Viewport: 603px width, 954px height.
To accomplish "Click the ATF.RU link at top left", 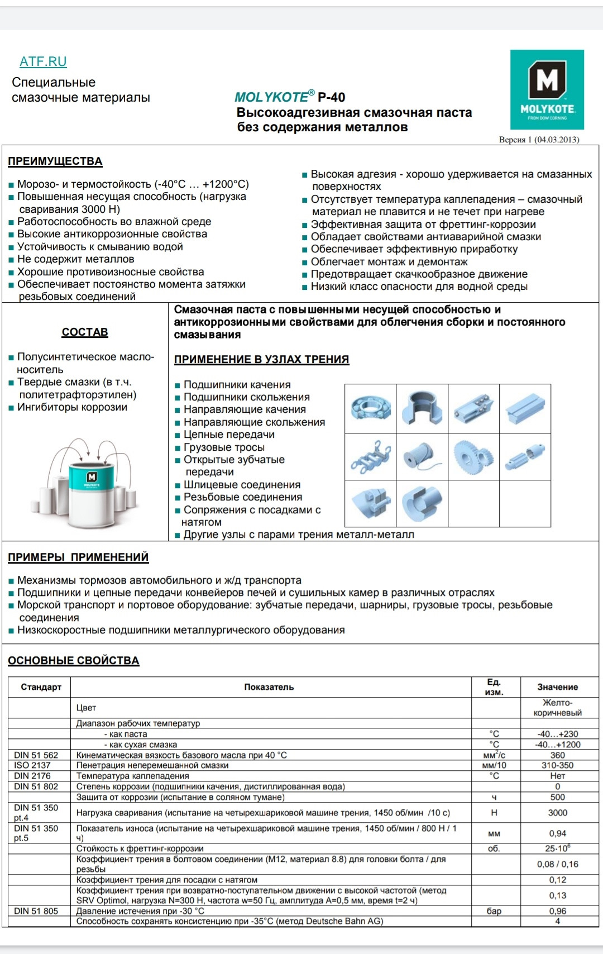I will (43, 61).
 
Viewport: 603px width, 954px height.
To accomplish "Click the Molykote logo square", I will (547, 89).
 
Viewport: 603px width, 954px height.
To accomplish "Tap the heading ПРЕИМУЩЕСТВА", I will (55, 161).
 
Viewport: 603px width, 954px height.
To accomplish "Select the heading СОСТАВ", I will (85, 332).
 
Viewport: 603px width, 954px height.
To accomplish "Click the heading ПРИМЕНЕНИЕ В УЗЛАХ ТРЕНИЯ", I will (261, 360).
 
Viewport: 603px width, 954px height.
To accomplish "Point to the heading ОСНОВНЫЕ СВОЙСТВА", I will (73, 661).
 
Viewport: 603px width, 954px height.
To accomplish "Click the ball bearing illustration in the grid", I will (370, 408).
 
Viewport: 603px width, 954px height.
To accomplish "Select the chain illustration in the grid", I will (370, 456).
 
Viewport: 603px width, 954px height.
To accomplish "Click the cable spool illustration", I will (422, 456).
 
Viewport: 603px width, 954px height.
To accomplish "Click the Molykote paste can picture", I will (91, 483).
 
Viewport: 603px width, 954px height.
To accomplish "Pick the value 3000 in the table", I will (557, 813).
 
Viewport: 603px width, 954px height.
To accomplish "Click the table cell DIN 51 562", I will (36, 755).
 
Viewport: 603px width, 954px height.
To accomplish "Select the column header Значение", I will (557, 687).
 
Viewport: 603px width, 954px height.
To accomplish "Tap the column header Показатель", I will (269, 687).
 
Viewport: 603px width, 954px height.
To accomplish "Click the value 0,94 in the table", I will (557, 833).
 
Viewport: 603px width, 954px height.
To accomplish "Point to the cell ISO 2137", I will (32, 765).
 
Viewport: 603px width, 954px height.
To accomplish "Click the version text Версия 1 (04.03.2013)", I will (539, 140).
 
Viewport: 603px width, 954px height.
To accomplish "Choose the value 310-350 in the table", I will (557, 765).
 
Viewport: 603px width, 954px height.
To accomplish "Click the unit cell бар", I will (494, 911).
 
